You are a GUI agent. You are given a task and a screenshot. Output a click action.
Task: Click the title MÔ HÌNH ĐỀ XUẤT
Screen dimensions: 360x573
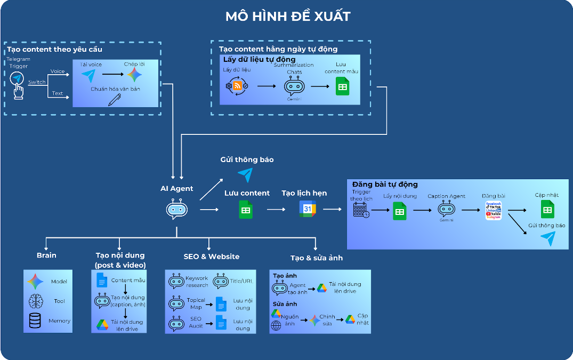pyautogui.click(x=287, y=16)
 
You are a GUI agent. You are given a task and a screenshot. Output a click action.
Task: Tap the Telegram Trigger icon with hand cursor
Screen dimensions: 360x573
pyautogui.click(x=18, y=84)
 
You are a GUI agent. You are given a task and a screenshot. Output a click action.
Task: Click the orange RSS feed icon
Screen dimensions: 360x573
pyautogui.click(x=237, y=86)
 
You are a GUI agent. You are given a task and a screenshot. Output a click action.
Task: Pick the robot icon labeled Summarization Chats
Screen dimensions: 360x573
pyautogui.click(x=294, y=86)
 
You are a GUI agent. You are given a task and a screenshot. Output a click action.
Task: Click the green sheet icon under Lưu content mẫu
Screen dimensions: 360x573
pyautogui.click(x=342, y=86)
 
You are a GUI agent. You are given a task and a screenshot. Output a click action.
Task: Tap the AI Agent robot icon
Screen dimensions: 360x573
pyautogui.click(x=177, y=210)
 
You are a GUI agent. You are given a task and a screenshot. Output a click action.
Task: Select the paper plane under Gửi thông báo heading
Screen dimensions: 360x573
pyautogui.click(x=245, y=174)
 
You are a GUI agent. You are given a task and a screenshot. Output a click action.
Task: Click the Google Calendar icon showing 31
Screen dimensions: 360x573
pyautogui.click(x=308, y=210)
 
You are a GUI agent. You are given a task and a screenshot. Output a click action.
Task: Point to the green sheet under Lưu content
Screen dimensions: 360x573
pyautogui.click(x=246, y=210)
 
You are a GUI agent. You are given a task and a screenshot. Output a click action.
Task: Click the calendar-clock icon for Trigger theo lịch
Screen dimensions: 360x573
pyautogui.click(x=361, y=210)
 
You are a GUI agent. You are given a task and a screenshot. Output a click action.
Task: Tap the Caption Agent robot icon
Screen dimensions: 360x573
pyautogui.click(x=446, y=210)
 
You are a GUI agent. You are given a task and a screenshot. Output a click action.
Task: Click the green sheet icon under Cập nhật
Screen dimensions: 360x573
pyautogui.click(x=547, y=209)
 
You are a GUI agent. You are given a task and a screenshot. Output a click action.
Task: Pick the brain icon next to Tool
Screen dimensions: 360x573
pyautogui.click(x=36, y=301)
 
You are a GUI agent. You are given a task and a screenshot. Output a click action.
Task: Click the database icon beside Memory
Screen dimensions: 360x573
pyautogui.click(x=35, y=321)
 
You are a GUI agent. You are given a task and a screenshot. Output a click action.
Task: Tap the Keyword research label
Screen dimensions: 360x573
pyautogui.click(x=197, y=282)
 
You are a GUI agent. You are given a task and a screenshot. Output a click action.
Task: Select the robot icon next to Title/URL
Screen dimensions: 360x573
pyautogui.click(x=221, y=282)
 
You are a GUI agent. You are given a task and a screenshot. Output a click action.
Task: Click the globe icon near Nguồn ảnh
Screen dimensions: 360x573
pyautogui.click(x=276, y=326)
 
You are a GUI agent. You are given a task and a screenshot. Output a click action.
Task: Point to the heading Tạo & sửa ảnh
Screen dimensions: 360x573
pyautogui.click(x=316, y=258)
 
